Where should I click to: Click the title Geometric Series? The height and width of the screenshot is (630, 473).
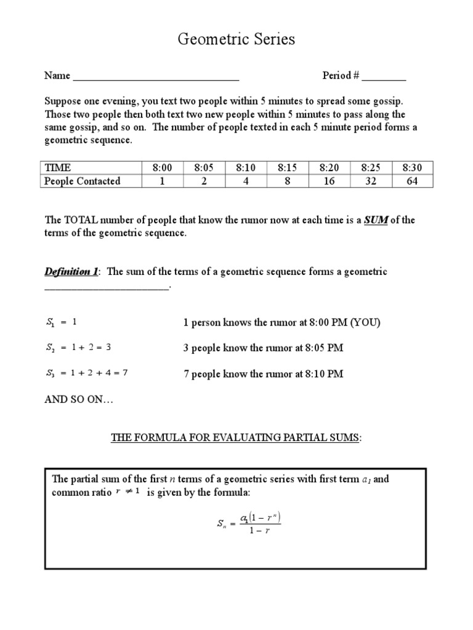[x=236, y=40]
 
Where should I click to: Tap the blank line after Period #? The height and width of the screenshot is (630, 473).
[x=384, y=78]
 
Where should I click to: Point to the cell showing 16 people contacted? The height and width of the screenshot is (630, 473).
[x=329, y=181]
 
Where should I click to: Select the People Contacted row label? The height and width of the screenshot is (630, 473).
[x=82, y=181]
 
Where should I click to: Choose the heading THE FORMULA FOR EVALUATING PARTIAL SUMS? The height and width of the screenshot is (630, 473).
[x=236, y=438]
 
